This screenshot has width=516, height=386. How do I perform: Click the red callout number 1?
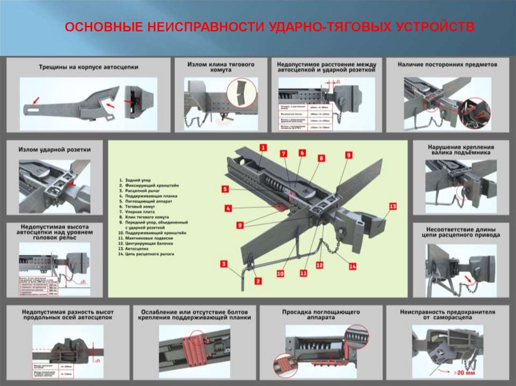[263, 147]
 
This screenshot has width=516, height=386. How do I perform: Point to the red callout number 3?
[224, 263]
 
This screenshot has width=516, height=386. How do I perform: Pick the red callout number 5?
[225, 190]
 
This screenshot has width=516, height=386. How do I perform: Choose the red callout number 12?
[319, 264]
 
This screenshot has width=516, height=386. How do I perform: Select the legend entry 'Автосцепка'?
[135, 249]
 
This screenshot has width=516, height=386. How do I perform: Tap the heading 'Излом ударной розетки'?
[54, 149]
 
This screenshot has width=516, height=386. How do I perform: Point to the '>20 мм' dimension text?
[464, 372]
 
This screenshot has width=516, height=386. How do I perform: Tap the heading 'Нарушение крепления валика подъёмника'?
[461, 150]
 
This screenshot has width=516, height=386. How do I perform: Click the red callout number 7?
[283, 153]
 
